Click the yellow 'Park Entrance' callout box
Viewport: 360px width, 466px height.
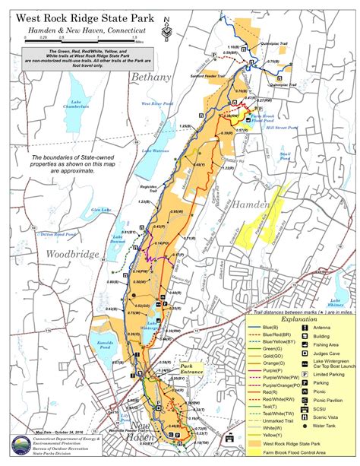point(187,367)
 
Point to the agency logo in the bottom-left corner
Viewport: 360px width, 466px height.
point(14,447)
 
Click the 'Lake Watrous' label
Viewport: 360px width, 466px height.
point(154,151)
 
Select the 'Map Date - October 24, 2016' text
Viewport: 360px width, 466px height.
point(62,433)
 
